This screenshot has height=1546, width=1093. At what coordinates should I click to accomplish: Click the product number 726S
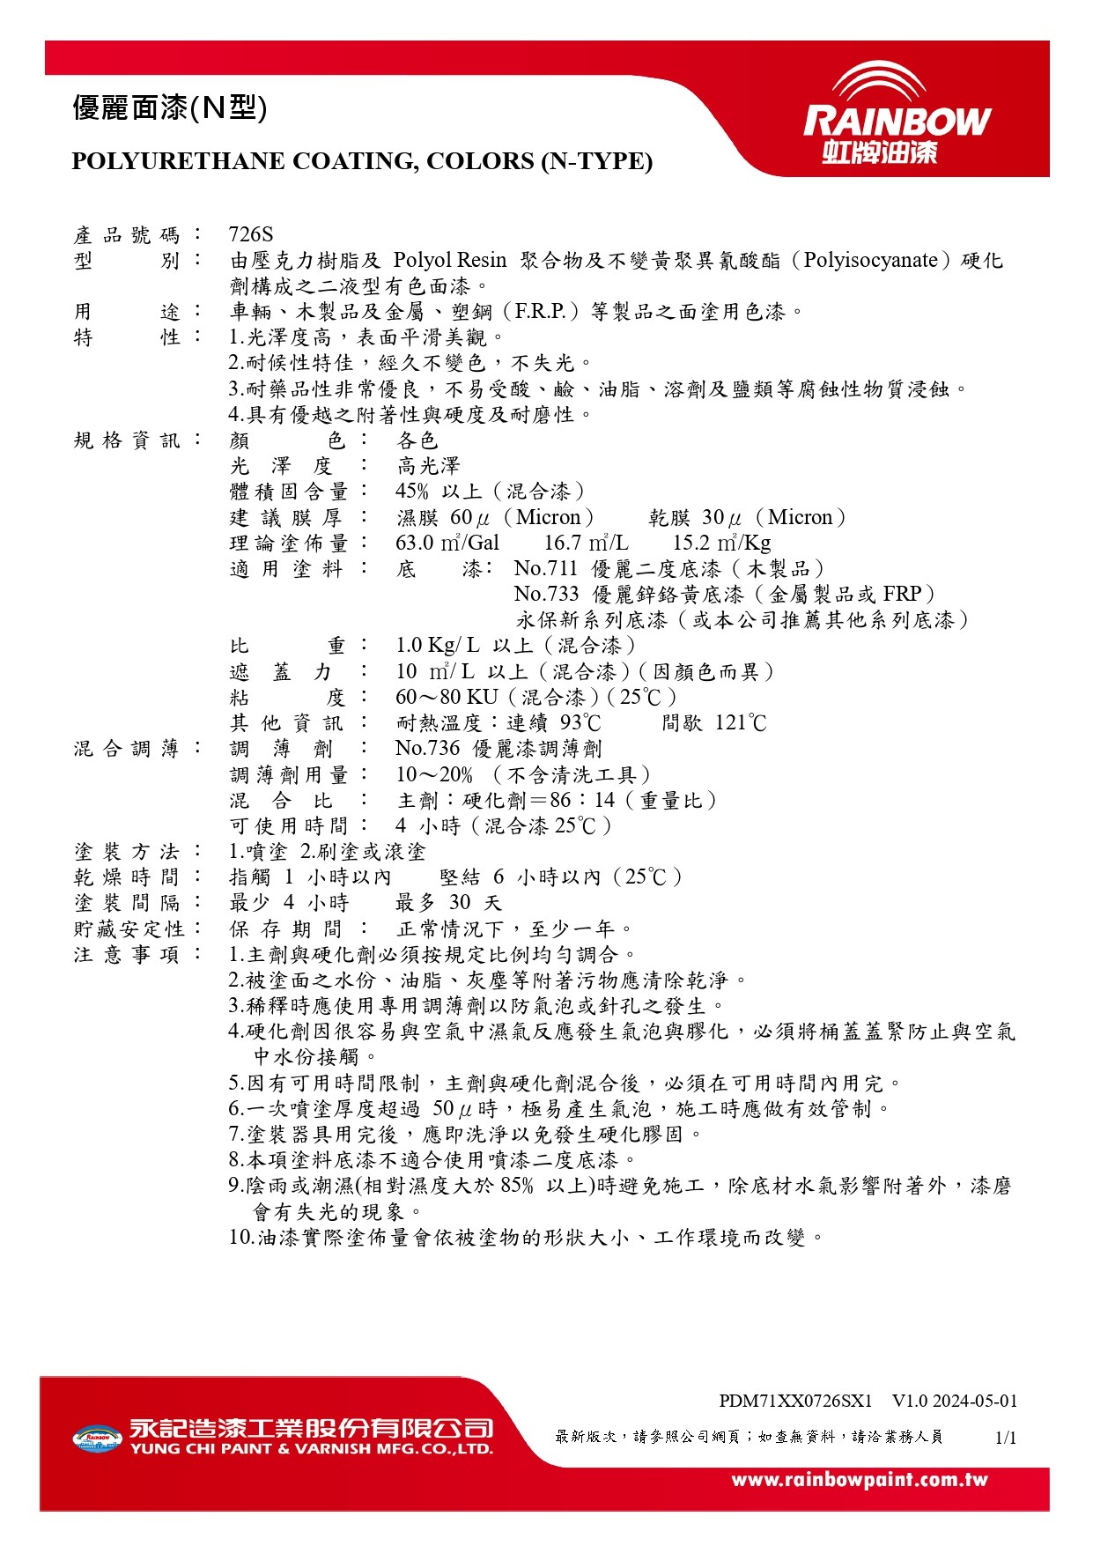point(251,234)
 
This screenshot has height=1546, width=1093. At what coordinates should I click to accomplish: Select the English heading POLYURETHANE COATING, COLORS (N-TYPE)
point(362,161)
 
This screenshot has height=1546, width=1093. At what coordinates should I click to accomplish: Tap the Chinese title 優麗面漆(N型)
point(169,108)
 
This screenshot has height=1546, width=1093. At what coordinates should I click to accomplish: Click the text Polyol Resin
point(449,261)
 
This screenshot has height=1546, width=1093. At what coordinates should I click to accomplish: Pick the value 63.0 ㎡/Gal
point(447,543)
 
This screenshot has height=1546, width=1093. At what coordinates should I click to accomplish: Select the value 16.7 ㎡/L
point(586,543)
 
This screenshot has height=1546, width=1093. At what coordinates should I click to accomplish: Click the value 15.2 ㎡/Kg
point(721,543)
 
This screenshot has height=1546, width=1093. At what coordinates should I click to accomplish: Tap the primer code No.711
point(546,568)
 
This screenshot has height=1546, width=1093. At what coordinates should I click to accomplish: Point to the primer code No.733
point(546,594)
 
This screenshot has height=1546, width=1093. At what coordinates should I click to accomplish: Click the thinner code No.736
point(427,749)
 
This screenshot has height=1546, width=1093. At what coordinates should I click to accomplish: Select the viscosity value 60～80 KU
point(447,697)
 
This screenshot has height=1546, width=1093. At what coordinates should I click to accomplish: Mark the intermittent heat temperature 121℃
point(741,723)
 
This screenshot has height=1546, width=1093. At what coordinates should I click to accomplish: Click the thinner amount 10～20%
point(434,774)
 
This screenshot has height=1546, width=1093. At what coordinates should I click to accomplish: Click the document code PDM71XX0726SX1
point(795,1401)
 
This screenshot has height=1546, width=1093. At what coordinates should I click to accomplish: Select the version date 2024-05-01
point(975,1401)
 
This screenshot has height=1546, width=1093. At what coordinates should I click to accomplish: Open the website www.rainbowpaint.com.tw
point(860,1480)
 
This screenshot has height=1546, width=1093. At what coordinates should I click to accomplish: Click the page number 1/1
point(1006,1438)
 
